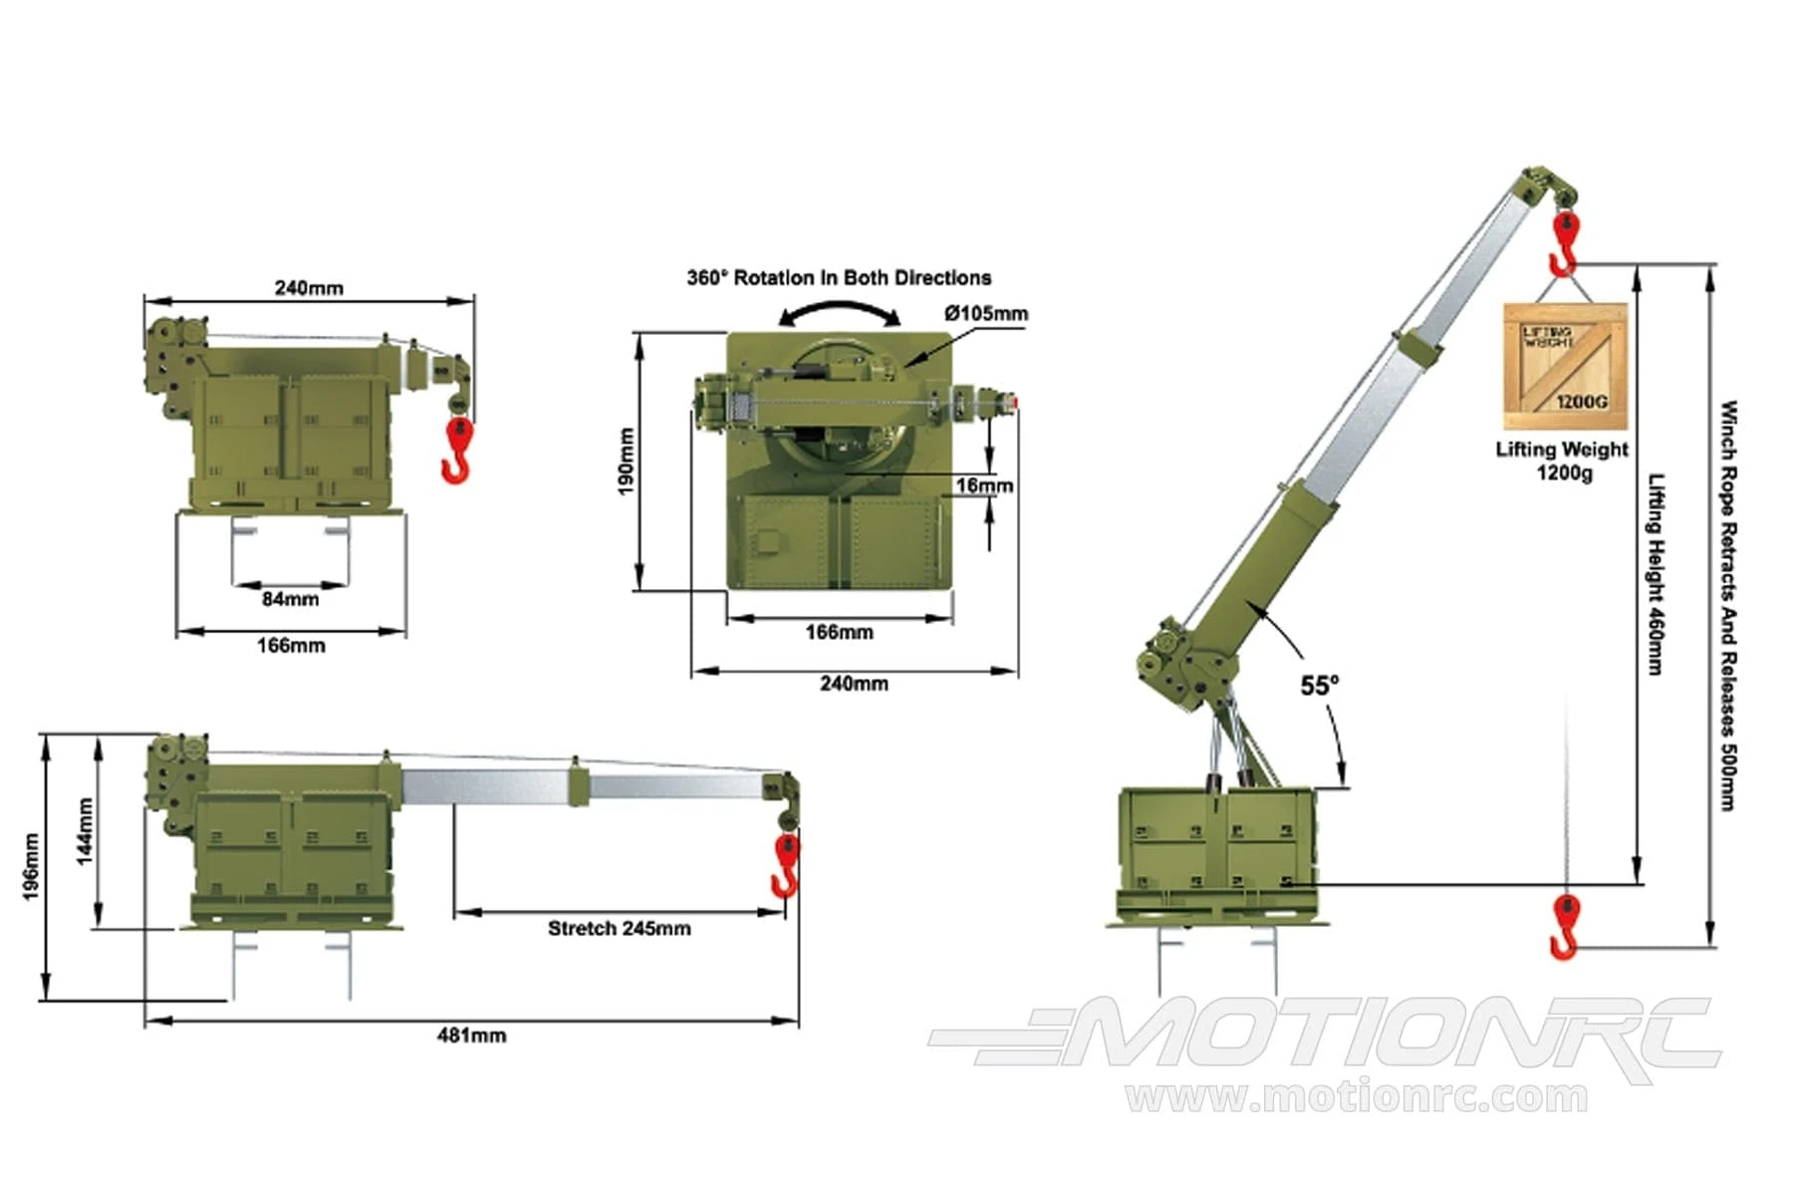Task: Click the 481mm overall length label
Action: click(472, 1036)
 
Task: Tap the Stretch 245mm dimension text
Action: click(619, 929)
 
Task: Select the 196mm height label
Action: click(31, 867)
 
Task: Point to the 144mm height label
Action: click(86, 831)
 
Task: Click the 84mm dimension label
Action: click(291, 599)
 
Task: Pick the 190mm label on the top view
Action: click(626, 461)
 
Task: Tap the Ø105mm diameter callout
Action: click(986, 314)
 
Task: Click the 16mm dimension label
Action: click(984, 485)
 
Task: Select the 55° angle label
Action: click(1320, 686)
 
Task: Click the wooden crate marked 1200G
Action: click(1566, 367)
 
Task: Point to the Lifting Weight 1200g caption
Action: click(1562, 460)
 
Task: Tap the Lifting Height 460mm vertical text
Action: click(1656, 574)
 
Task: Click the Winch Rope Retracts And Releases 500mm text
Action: click(1729, 606)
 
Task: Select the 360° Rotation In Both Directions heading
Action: click(839, 278)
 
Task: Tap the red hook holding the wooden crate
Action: click(1564, 242)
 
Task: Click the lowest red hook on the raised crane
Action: click(1564, 926)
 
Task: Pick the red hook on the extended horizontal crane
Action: click(786, 865)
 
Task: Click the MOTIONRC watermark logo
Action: click(1325, 1040)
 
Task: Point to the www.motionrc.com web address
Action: click(1357, 1097)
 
